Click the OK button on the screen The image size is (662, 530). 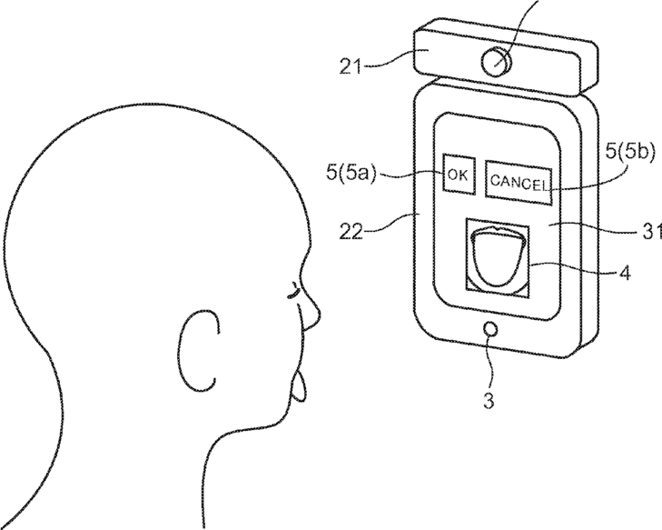(x=458, y=175)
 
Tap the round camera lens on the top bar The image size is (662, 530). (x=495, y=61)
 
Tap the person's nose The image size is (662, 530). (x=311, y=315)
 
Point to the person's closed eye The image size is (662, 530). (x=292, y=292)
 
